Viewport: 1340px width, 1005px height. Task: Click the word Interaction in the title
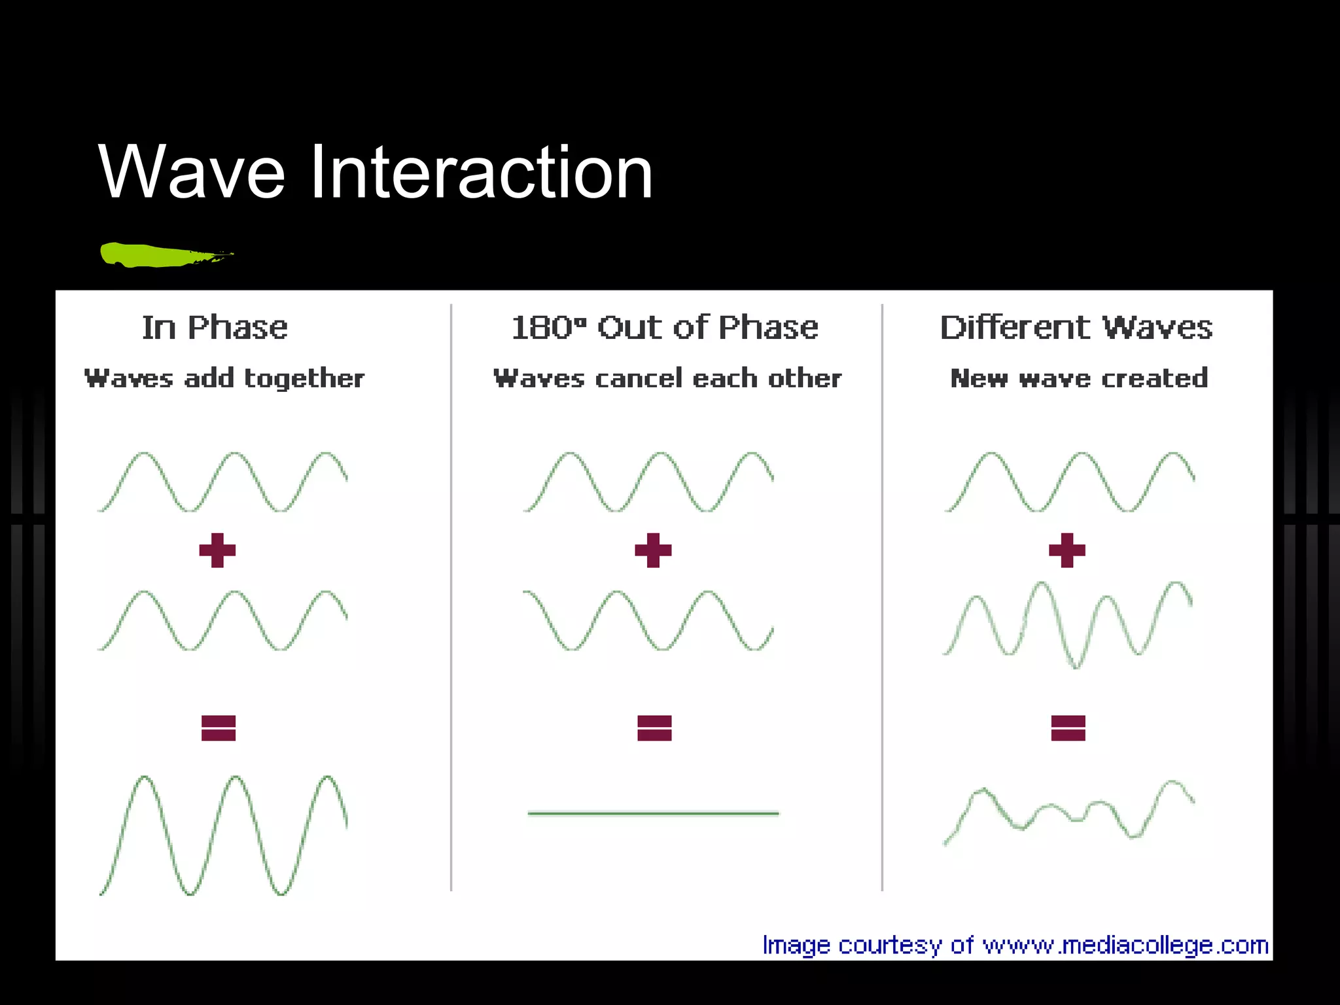pos(481,172)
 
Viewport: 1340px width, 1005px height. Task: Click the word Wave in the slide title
pos(192,172)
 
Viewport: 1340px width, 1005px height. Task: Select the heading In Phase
pos(215,327)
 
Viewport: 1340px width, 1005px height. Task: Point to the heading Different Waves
pos(1076,327)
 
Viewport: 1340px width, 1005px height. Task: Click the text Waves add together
pos(224,378)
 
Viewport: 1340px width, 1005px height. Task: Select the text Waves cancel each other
pos(667,378)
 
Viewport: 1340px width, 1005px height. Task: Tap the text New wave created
pos(1079,378)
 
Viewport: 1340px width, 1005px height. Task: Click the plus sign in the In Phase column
pos(217,550)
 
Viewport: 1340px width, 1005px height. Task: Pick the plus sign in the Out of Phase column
pos(653,550)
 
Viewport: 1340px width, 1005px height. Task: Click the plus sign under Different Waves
pos(1067,550)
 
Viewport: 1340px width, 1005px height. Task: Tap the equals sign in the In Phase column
pos(219,728)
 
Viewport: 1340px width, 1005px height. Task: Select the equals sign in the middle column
pos(654,728)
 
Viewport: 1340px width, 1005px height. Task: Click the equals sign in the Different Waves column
pos(1068,728)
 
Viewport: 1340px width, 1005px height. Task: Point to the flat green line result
pos(653,813)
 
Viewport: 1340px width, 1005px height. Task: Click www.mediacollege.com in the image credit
pos(1125,945)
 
